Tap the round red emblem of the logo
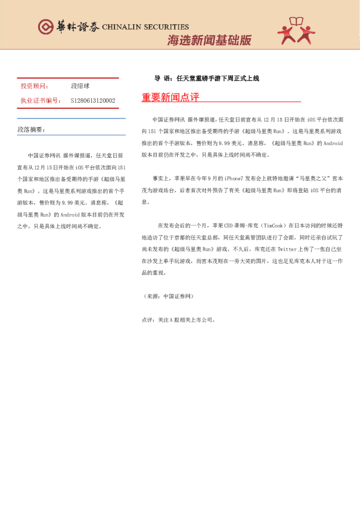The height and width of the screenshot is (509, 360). click(x=45, y=27)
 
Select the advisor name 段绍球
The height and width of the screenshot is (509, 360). click(x=81, y=86)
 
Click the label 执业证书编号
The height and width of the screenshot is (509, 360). click(x=41, y=100)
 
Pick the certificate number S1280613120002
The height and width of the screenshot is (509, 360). click(x=93, y=100)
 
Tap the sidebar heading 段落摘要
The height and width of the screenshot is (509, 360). click(x=31, y=130)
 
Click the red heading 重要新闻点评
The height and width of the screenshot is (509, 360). click(x=170, y=97)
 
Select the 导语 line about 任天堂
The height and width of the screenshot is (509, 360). click(x=206, y=78)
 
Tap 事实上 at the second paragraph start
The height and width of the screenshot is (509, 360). click(x=160, y=179)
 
